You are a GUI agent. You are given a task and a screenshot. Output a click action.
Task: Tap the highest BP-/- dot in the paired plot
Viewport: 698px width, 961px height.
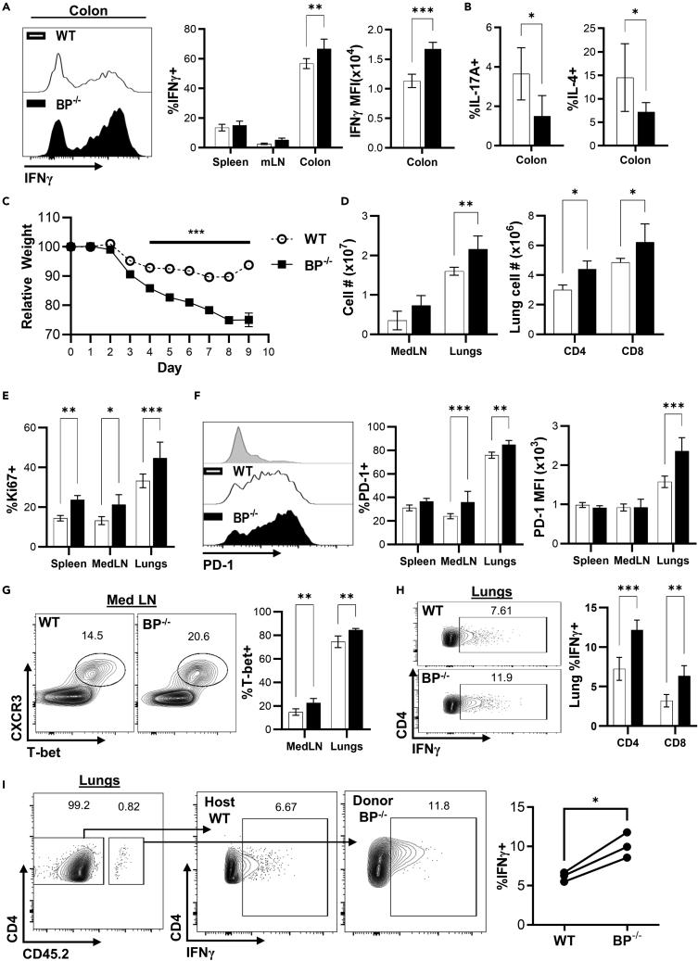pyautogui.click(x=633, y=858)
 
